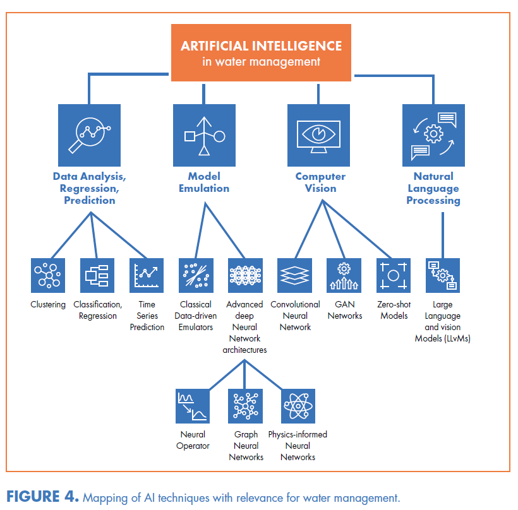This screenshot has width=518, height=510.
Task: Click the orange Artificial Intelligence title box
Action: (x=260, y=53)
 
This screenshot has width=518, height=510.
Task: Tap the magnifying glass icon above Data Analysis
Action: (x=89, y=134)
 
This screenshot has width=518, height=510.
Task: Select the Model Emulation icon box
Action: (x=204, y=134)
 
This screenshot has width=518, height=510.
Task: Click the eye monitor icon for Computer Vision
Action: (x=318, y=134)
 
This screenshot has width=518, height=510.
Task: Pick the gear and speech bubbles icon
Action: (x=433, y=134)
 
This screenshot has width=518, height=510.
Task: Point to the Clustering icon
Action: (x=48, y=276)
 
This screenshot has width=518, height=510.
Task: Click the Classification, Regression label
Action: (x=97, y=311)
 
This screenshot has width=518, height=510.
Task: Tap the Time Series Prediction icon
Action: (x=147, y=276)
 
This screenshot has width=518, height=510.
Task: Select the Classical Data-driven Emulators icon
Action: (x=195, y=276)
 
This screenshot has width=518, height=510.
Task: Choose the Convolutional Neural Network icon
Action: (x=295, y=276)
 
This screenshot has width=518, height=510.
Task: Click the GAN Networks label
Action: (x=345, y=311)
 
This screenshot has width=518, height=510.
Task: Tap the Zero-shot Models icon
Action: (x=394, y=276)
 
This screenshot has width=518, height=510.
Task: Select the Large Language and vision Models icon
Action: (x=443, y=276)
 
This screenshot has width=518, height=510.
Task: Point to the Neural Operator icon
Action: (x=193, y=406)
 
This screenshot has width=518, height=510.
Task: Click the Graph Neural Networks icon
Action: (x=245, y=406)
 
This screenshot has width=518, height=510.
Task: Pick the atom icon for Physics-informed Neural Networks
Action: (x=298, y=406)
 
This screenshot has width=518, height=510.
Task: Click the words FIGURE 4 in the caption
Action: (x=42, y=497)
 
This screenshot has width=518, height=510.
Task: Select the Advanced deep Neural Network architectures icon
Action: (x=245, y=276)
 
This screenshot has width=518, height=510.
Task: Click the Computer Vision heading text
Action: (x=321, y=182)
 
